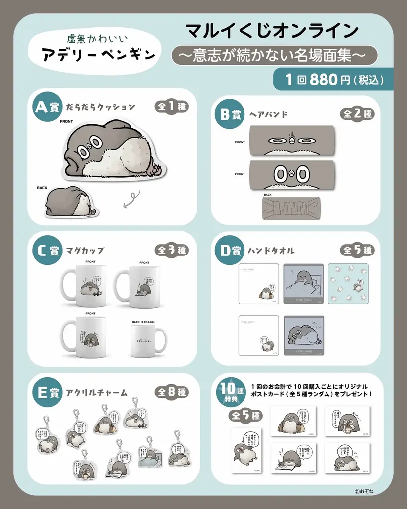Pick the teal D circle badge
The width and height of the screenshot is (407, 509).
pyautogui.click(x=227, y=250)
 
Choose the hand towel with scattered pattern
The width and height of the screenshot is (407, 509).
pyautogui.click(x=348, y=283)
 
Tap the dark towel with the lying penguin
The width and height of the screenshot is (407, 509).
pyautogui.click(x=304, y=336)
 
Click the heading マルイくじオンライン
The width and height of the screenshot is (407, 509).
pyautogui.click(x=272, y=31)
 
